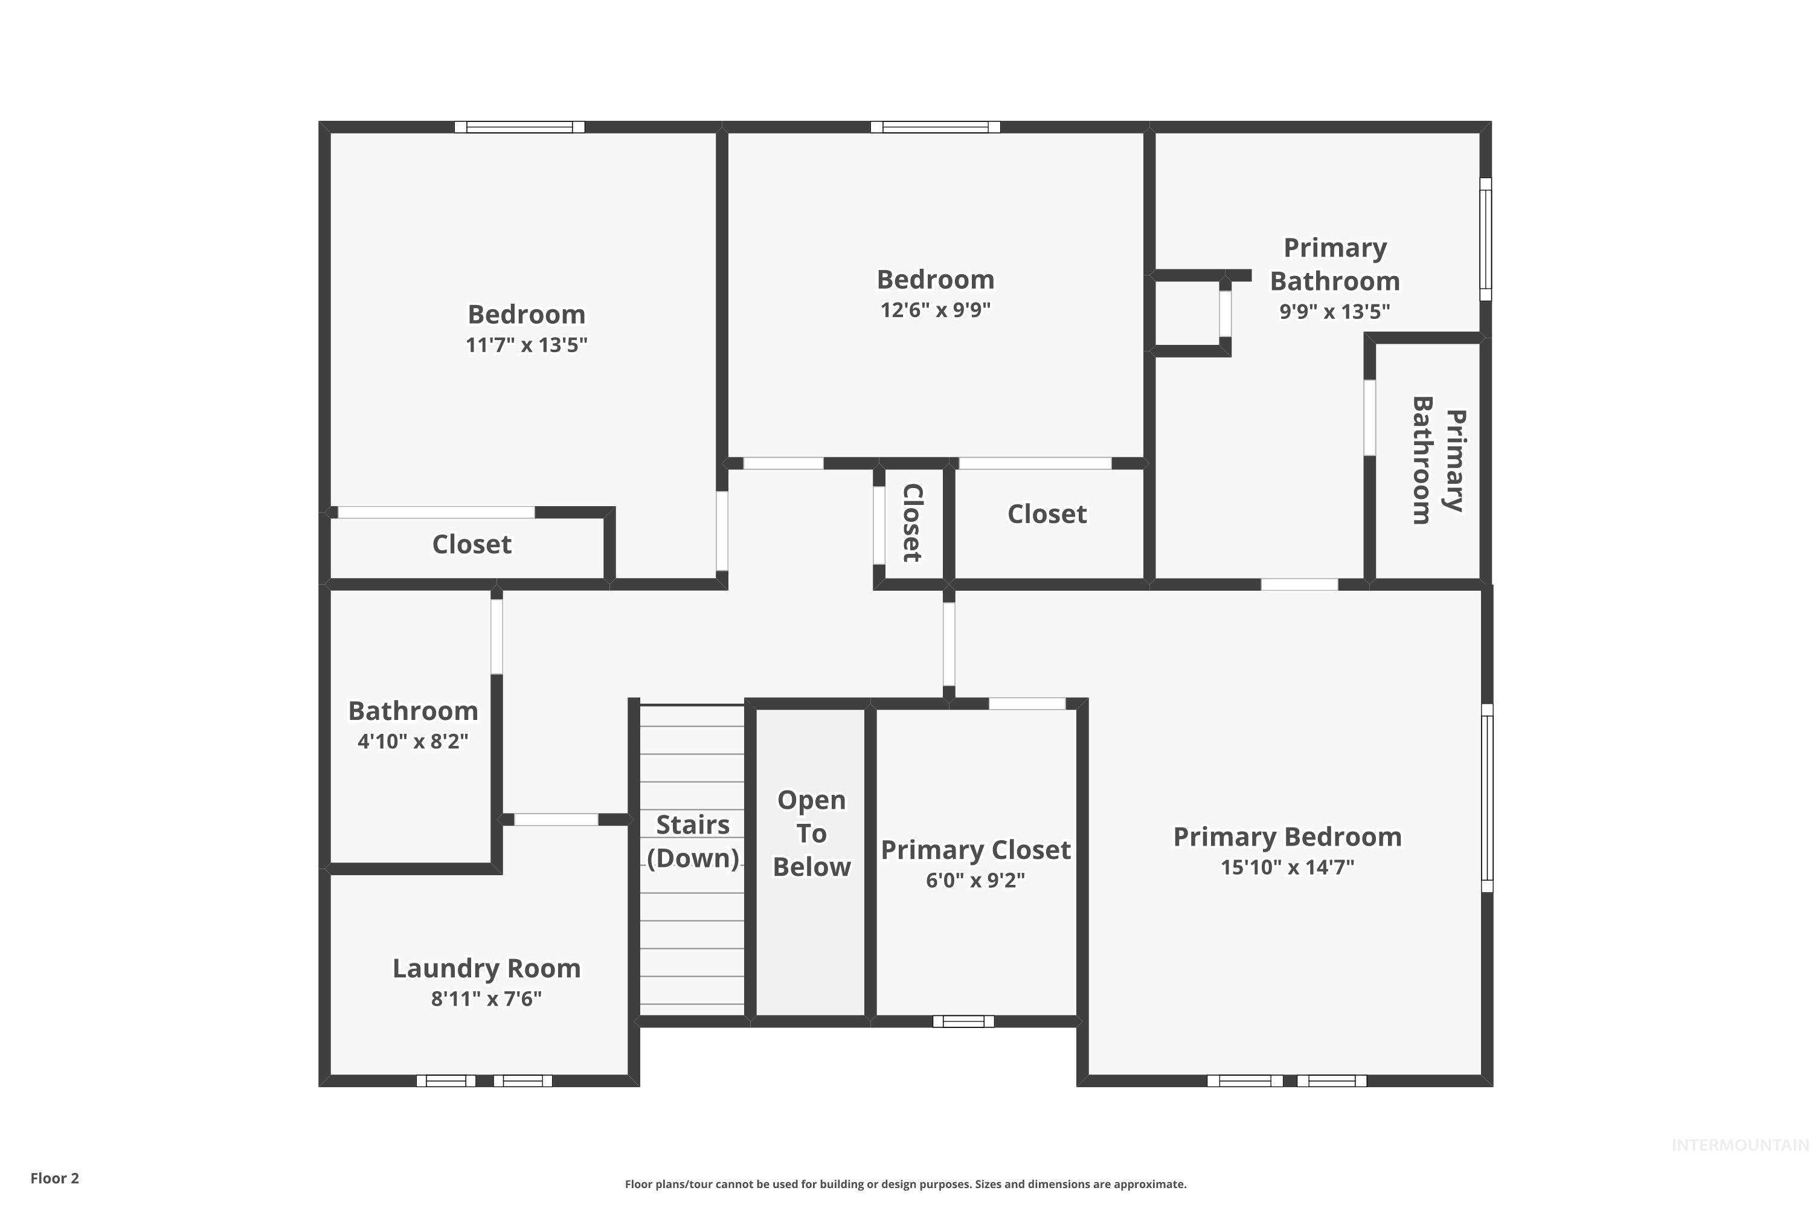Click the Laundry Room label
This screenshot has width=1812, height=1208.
486,968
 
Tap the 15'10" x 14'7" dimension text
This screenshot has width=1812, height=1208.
1287,867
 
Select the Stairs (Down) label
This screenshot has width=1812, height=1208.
693,841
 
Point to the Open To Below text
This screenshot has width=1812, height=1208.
811,833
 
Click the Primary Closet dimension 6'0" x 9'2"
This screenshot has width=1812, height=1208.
975,880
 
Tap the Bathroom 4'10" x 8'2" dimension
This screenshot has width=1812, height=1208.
413,741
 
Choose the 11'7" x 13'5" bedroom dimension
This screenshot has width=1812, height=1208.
526,344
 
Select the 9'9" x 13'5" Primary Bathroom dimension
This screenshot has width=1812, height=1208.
1334,311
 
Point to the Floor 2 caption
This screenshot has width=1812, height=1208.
55,1178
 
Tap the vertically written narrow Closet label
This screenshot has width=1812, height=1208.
912,522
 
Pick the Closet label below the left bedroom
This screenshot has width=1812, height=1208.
472,544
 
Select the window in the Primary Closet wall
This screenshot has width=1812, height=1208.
963,1021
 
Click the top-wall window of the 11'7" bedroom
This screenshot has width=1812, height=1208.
519,127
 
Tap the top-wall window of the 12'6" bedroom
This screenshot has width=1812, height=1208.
935,127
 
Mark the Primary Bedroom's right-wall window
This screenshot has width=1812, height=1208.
1488,797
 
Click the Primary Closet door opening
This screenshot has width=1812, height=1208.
1027,704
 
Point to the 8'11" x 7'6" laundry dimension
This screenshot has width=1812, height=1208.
486,998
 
